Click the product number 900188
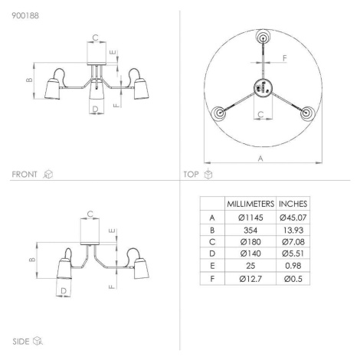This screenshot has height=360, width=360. [x=25, y=16]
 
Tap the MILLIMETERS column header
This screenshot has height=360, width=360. [x=250, y=204]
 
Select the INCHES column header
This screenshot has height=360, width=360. [x=293, y=204]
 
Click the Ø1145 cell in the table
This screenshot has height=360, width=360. [x=250, y=218]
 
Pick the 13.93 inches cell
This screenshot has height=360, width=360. [x=293, y=230]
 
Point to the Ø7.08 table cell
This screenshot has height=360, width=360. [x=293, y=241]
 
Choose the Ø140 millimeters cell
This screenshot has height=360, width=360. [x=250, y=254]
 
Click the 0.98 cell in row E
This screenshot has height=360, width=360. [x=293, y=266]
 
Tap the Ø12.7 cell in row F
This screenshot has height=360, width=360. [x=250, y=279]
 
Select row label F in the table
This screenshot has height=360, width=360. [x=212, y=279]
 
